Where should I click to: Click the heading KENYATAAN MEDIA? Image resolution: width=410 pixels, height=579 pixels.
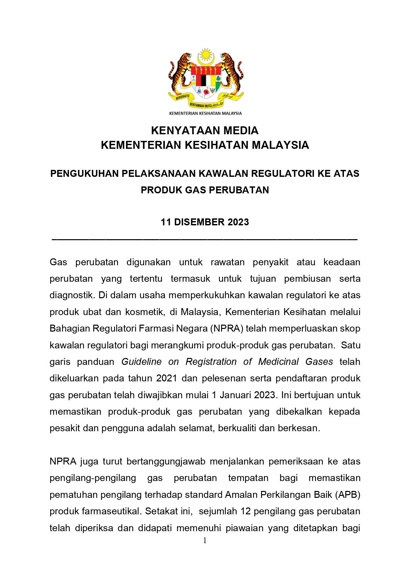coord(205,131)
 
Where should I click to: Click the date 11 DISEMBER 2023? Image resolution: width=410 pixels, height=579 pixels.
coord(205,222)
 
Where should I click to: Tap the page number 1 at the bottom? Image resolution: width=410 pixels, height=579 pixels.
coord(205,540)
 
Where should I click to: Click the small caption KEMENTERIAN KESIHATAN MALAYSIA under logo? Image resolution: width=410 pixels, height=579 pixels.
coord(205,113)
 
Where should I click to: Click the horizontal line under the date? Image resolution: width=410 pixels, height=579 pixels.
coord(205,238)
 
